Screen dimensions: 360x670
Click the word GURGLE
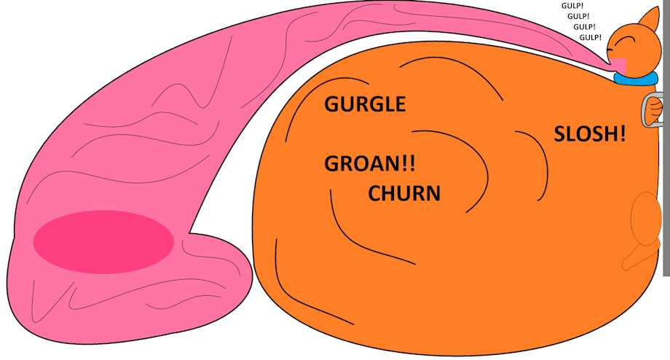[364, 104]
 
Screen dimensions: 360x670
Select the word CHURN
[404, 194]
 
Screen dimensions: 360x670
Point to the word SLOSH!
[589, 134]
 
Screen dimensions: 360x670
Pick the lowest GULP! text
[590, 37]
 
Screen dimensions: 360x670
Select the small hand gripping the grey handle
[655, 111]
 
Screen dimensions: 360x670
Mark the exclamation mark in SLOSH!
[621, 134]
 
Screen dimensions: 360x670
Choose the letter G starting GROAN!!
[331, 163]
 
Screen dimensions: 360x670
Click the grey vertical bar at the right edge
[666, 182]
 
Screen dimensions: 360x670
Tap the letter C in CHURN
[375, 194]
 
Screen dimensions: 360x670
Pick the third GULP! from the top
[584, 27]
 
